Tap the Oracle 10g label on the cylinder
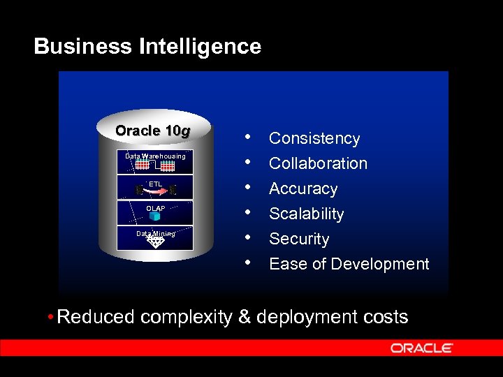coord(152,131)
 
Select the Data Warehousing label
coord(155,156)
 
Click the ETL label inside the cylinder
coord(155,184)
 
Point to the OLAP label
coord(155,209)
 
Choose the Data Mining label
coord(155,234)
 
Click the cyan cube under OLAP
coord(155,217)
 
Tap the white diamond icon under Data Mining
coord(155,242)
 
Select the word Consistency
coord(314,139)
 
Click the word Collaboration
coord(318,163)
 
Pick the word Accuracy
coord(303,188)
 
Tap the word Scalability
coord(307,214)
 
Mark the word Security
coord(299,239)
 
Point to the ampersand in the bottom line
coord(245,317)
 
